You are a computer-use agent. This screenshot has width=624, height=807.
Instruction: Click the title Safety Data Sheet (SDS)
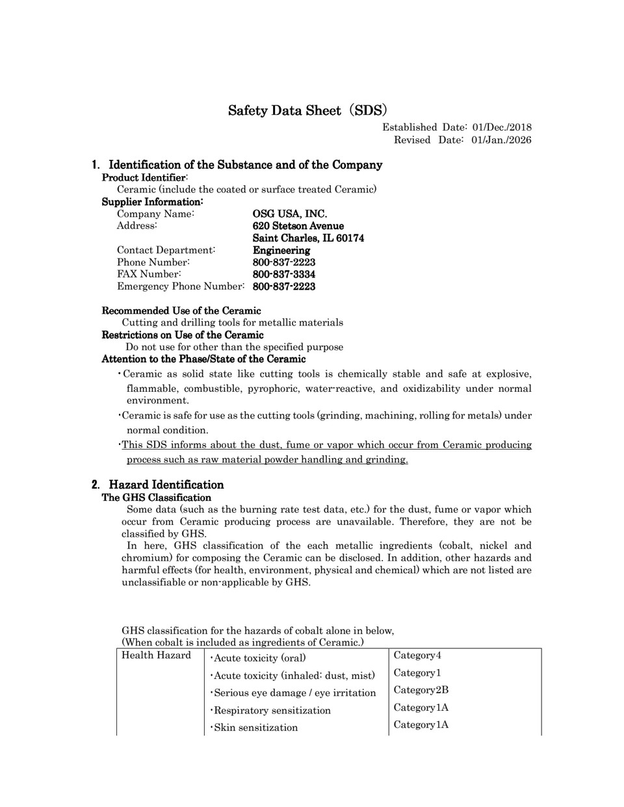click(x=307, y=110)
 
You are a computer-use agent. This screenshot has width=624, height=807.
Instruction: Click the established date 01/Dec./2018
click(x=502, y=127)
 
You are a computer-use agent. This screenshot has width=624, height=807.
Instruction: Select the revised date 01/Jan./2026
click(x=502, y=140)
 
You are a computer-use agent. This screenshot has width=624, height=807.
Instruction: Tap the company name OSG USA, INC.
click(x=290, y=214)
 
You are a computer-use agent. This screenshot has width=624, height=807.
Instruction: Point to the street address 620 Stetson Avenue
click(x=298, y=226)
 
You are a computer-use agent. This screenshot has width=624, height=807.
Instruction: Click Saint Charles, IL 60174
click(x=308, y=238)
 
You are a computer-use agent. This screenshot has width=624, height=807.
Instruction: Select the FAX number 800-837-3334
click(x=284, y=274)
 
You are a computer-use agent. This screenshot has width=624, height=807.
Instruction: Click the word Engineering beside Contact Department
click(x=281, y=250)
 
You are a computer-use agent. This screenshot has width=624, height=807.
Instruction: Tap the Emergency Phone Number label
click(x=181, y=287)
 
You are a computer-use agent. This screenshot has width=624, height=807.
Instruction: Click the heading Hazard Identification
click(x=166, y=485)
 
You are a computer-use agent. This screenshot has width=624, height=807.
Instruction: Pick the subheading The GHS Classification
click(x=157, y=498)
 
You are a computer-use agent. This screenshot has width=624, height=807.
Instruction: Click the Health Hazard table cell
click(x=156, y=655)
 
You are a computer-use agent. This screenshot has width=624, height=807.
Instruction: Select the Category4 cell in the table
click(x=417, y=655)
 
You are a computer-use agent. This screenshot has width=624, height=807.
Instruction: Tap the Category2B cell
click(x=421, y=690)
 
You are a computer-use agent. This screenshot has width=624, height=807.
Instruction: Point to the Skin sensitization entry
click(x=255, y=728)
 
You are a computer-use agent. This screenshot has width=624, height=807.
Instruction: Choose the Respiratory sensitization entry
click(x=271, y=710)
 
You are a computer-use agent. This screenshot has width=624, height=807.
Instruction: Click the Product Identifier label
click(x=144, y=177)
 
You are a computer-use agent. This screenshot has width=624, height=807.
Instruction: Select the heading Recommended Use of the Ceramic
click(x=181, y=311)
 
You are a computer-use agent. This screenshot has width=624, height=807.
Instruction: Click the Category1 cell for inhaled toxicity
click(x=417, y=672)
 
